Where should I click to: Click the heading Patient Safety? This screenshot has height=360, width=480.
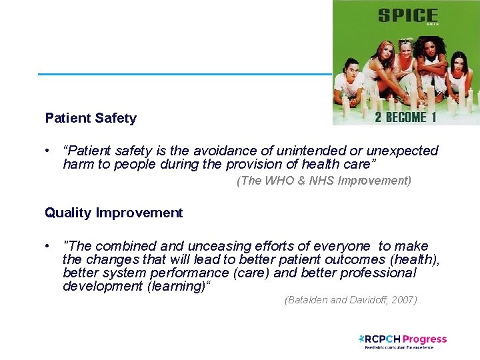point(91,118)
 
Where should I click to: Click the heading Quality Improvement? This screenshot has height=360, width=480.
point(113,213)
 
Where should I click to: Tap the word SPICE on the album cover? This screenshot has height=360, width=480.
point(407,15)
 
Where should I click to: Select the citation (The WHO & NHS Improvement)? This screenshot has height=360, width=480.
point(324,181)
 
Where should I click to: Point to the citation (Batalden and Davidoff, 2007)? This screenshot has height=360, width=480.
point(351,300)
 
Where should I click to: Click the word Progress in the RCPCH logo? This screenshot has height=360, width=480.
point(425,339)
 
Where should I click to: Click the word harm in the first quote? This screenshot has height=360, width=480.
point(77,164)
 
